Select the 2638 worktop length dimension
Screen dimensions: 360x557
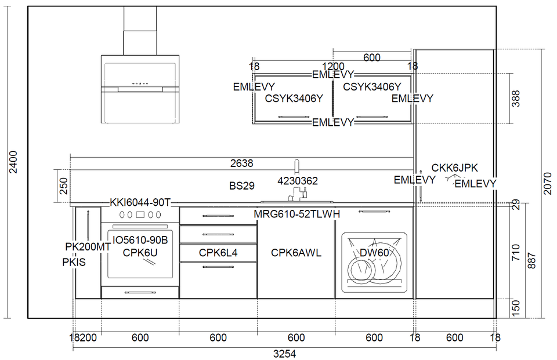(241, 163)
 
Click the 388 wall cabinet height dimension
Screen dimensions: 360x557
(516, 99)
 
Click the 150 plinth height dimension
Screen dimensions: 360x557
(516, 307)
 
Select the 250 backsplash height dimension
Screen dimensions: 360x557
(64, 186)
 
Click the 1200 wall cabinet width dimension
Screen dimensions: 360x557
(333, 66)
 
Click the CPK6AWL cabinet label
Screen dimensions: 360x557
(296, 253)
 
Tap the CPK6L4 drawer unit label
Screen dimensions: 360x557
(218, 253)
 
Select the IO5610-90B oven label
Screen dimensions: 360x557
(140, 240)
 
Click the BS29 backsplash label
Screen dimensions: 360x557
(242, 186)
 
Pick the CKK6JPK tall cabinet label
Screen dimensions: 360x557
(454, 168)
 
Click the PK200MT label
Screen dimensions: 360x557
(88, 246)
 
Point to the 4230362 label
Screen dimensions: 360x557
(298, 181)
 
